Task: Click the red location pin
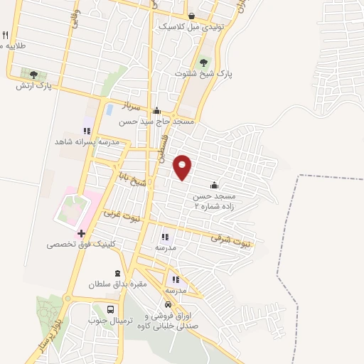[x=183, y=167]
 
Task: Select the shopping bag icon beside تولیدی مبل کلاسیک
[x=191, y=16]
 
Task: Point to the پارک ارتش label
[x=34, y=86]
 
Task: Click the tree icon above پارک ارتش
[x=33, y=75]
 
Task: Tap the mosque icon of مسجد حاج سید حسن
[x=156, y=111]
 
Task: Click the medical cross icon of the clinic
[x=82, y=232]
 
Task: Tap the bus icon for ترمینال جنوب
[x=110, y=309]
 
